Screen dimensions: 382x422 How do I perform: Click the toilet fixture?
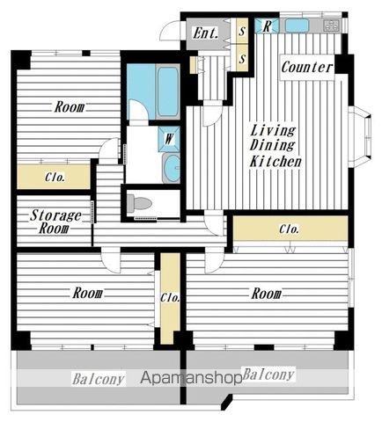tap(139, 203)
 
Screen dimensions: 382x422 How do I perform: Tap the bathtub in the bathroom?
tap(167, 91)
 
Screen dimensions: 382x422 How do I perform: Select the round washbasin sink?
tap(172, 168)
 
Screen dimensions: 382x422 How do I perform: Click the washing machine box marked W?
tap(169, 139)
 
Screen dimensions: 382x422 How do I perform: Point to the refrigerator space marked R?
tap(267, 26)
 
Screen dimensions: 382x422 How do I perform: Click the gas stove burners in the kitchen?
tap(332, 25)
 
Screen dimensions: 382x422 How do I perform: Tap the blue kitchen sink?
tap(297, 25)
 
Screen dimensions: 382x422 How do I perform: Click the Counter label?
tap(307, 68)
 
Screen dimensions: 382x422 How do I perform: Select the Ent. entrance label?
tap(206, 33)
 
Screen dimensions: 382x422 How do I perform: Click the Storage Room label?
tap(55, 222)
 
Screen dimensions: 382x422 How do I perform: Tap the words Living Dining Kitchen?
tap(275, 146)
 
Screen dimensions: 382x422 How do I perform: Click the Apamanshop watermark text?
tap(191, 378)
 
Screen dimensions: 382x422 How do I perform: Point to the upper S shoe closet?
tap(242, 31)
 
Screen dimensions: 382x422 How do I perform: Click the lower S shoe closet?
tap(242, 58)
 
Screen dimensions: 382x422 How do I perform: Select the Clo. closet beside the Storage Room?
tap(54, 177)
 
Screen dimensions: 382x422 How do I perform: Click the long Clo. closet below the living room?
tap(290, 229)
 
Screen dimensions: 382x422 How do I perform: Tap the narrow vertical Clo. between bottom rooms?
tap(170, 298)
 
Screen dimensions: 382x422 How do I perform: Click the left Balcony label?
tap(99, 379)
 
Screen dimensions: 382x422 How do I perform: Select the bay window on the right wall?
tap(360, 136)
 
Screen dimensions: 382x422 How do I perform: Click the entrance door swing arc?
tap(168, 30)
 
